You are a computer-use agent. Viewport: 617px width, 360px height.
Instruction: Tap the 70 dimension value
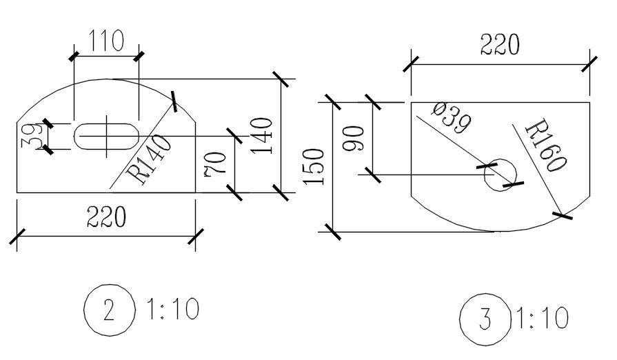coord(216,165)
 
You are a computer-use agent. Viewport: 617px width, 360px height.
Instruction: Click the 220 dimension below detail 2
coord(106,217)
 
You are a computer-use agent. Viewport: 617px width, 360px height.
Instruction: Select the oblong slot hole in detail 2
coord(106,136)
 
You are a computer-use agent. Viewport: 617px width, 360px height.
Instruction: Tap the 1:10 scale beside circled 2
coord(172,309)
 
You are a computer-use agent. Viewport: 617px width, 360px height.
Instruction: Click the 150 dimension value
coord(314,166)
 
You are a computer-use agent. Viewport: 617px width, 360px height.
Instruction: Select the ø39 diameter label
coord(452,118)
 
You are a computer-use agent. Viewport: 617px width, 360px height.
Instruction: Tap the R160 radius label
coord(545,146)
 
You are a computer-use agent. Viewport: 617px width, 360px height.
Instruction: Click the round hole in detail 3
coord(500,174)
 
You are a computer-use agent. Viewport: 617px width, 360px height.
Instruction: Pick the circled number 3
coord(485,320)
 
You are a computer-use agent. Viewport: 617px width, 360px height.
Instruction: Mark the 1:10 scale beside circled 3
coord(541,319)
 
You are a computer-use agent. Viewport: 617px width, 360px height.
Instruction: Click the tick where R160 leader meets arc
coord(563,216)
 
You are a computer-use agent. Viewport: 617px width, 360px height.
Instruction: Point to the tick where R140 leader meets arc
coord(172,101)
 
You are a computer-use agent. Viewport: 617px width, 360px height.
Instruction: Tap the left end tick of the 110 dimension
coord(73,54)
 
